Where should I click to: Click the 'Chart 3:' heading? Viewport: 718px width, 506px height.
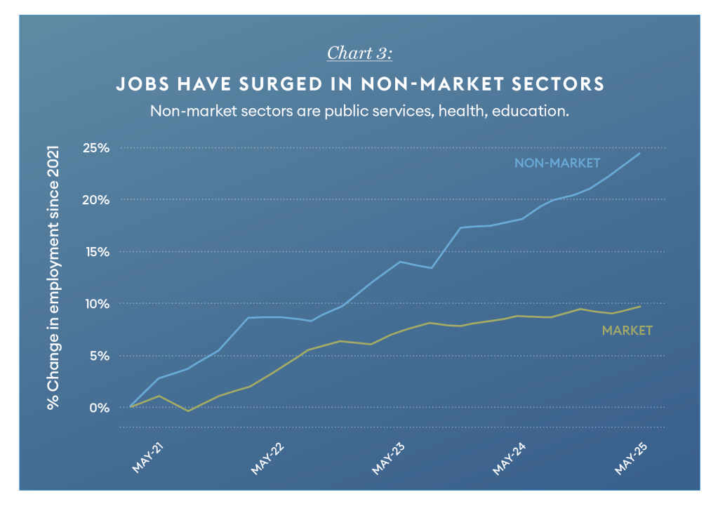[359, 53]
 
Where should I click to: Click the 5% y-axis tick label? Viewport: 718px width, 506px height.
[100, 356]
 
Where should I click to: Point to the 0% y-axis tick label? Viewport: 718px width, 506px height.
[100, 408]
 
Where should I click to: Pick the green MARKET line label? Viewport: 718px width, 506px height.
[627, 330]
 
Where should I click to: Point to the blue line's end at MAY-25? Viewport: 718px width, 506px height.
[639, 153]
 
